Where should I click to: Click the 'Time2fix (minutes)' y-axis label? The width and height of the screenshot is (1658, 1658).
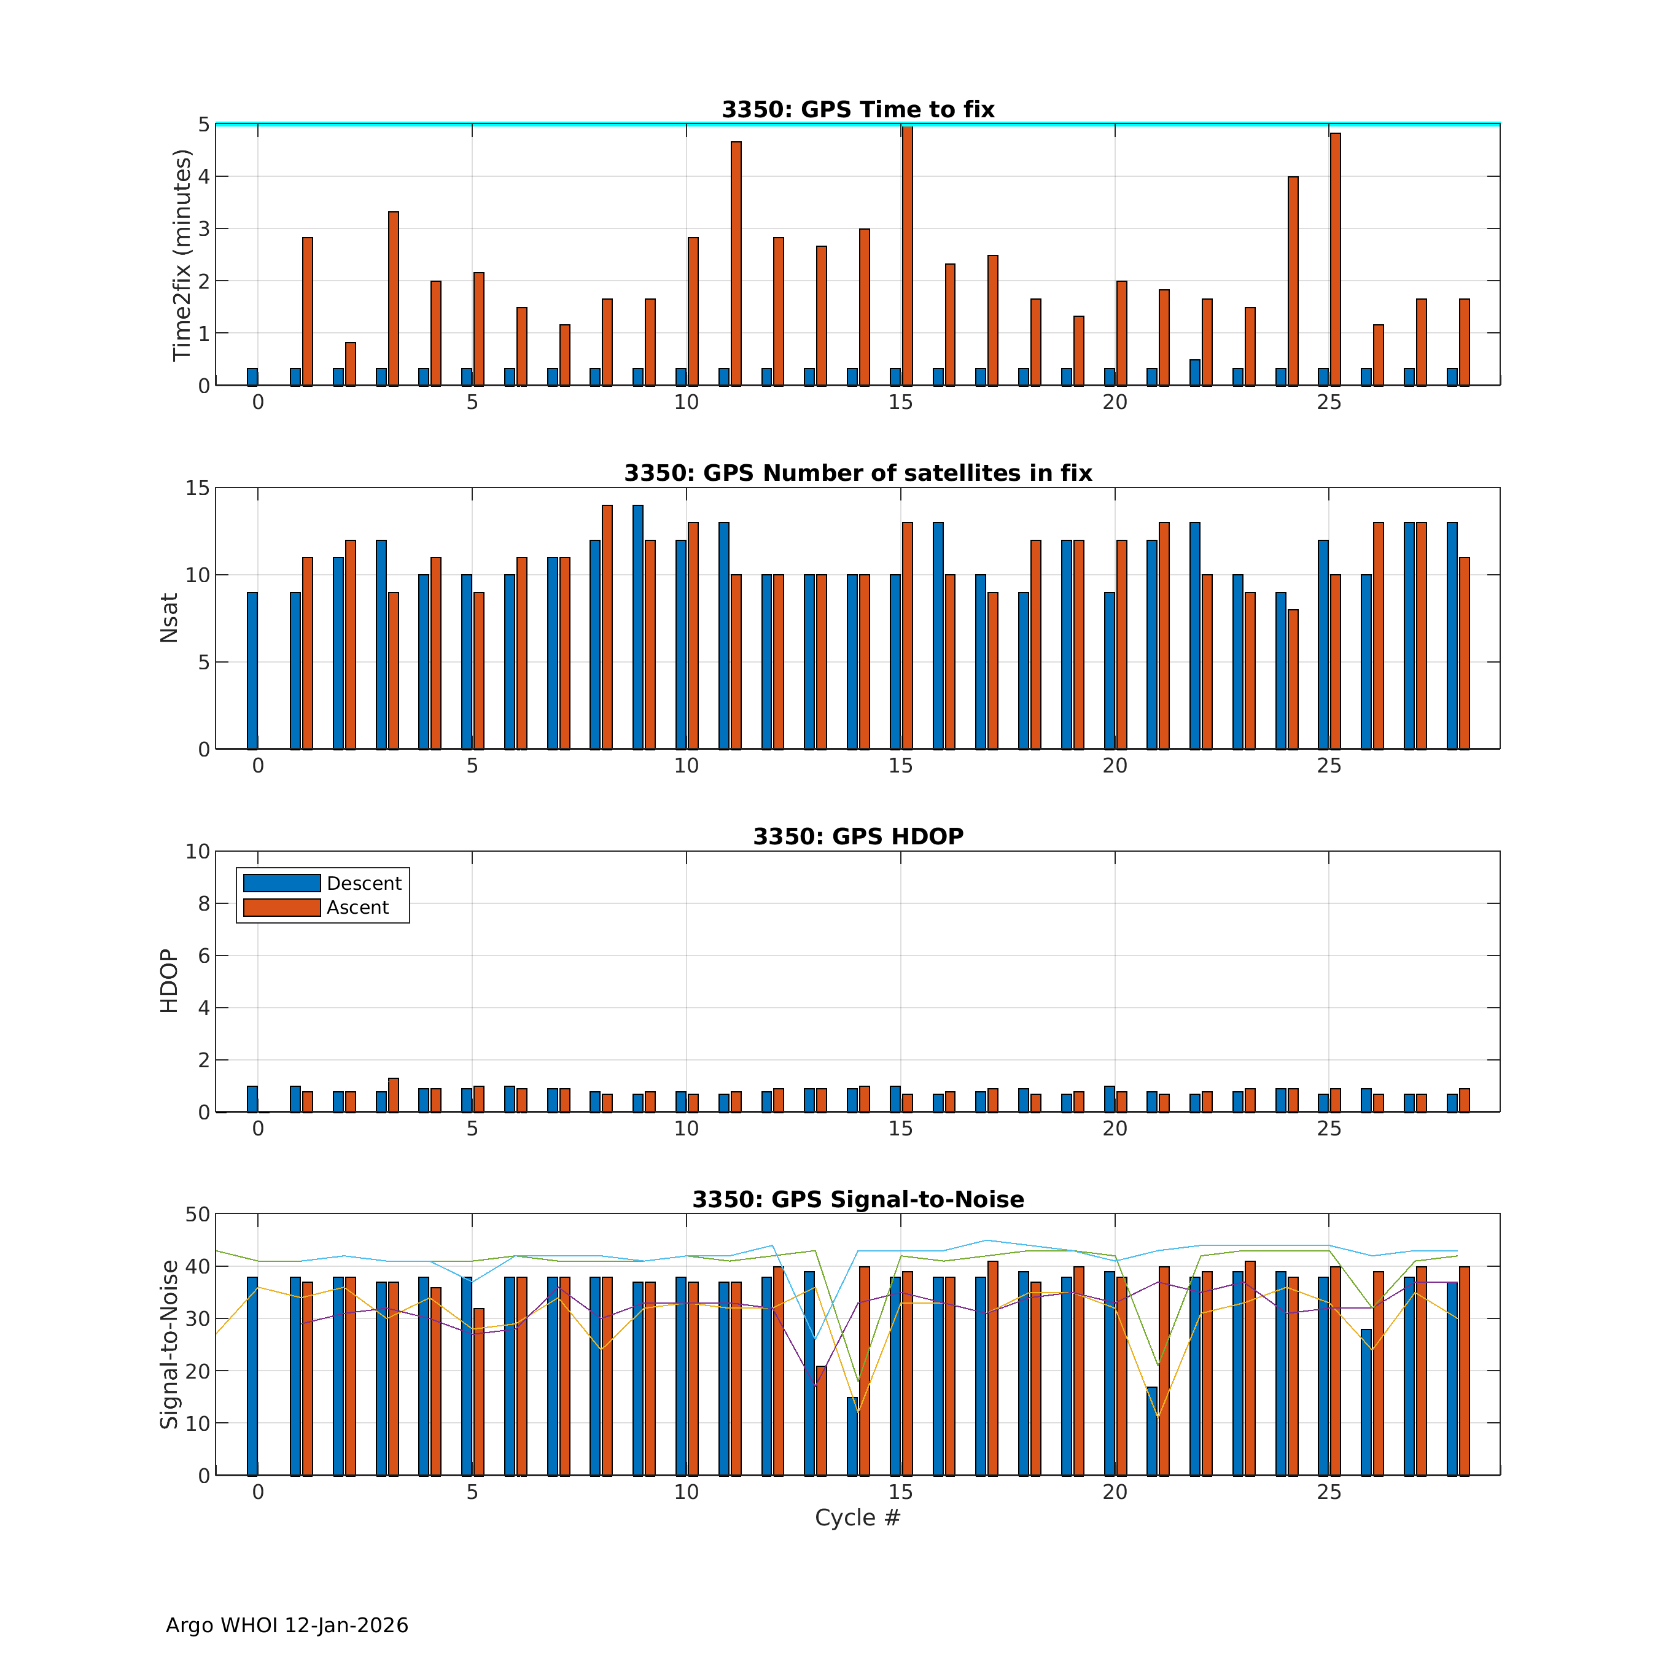(181, 255)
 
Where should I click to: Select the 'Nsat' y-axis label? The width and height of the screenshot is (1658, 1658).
(169, 618)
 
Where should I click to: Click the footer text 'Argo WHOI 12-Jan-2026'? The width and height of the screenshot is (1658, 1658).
(287, 1625)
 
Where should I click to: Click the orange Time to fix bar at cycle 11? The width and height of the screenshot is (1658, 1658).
(736, 263)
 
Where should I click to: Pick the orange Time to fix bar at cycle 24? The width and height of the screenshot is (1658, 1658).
(1293, 281)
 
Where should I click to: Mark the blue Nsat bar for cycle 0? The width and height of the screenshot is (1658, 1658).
(252, 670)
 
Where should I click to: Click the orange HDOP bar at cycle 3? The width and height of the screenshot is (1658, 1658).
(393, 1095)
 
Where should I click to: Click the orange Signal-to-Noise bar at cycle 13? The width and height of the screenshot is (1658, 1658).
(821, 1420)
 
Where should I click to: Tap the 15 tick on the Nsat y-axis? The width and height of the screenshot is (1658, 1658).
(197, 488)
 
